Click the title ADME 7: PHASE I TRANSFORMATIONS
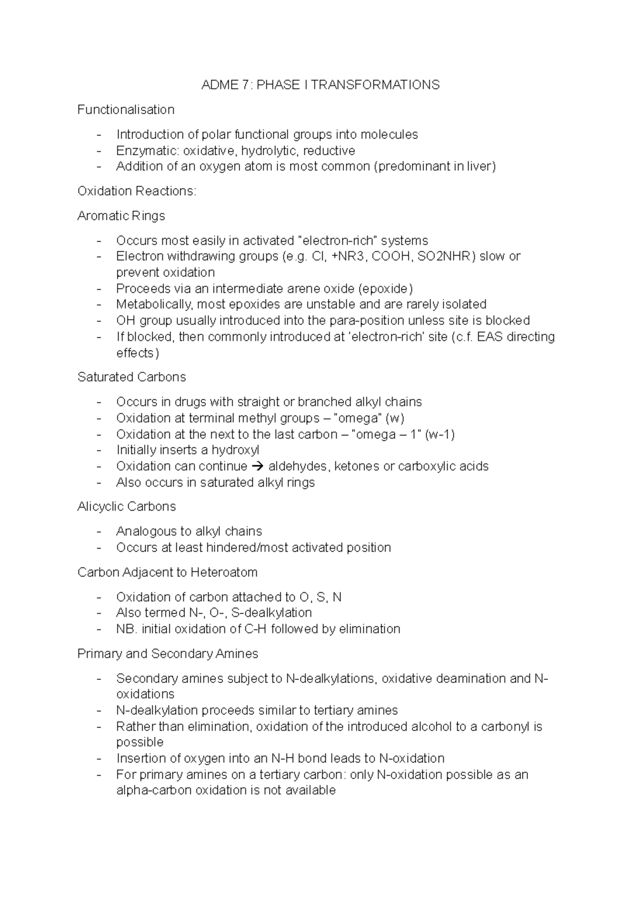click(x=320, y=85)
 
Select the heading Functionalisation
click(x=126, y=110)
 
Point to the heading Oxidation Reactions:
click(x=137, y=191)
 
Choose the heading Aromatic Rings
click(x=121, y=216)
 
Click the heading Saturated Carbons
click(x=131, y=377)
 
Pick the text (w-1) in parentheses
click(x=440, y=434)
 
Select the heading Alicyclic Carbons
click(x=127, y=506)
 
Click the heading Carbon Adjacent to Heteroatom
click(x=167, y=573)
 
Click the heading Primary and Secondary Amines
click(x=168, y=654)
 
